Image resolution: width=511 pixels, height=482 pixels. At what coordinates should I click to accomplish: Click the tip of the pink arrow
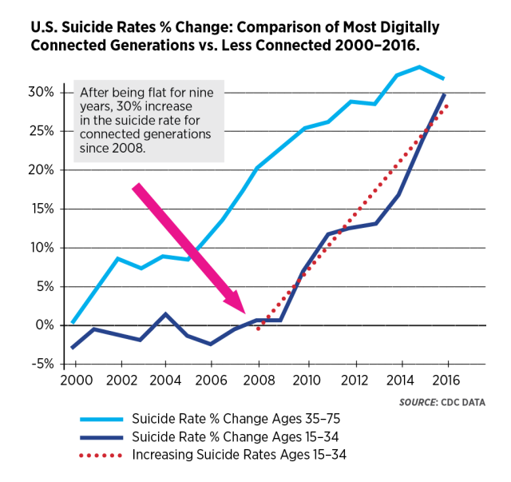[244, 311]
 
